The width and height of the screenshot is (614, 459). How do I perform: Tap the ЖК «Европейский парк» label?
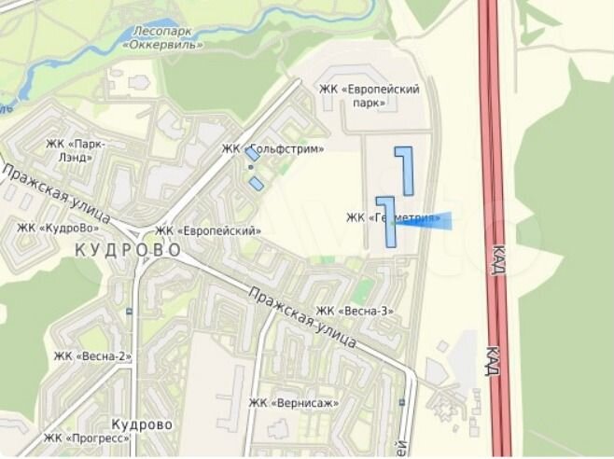[370, 95]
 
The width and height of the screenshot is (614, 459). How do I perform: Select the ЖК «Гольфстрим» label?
[272, 149]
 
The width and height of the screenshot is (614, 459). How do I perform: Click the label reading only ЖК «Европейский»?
[208, 230]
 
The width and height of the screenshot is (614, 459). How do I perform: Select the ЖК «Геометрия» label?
[393, 218]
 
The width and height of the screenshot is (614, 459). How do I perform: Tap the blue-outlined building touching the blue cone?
[386, 222]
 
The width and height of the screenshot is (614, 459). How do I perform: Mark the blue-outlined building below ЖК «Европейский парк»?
[405, 168]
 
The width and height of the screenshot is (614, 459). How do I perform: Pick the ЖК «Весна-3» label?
[355, 311]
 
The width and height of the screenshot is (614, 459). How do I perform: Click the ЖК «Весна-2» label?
[92, 355]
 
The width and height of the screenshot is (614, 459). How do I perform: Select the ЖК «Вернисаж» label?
[293, 403]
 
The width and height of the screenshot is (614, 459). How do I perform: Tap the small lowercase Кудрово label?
[140, 424]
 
